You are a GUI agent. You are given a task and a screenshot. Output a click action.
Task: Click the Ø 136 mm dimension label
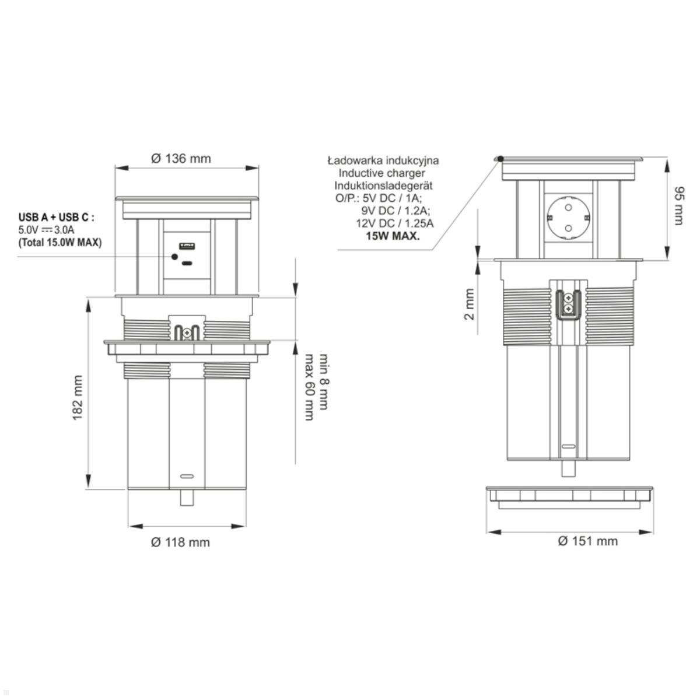tap(181, 159)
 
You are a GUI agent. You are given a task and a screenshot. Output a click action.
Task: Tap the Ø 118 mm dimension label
tap(180, 542)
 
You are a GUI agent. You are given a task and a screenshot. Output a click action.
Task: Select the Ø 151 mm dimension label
tap(588, 541)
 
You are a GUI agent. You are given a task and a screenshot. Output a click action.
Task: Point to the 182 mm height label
tap(78, 398)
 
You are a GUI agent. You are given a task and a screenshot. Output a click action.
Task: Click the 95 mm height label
tap(678, 205)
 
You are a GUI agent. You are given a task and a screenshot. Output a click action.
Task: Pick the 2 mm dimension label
tap(470, 304)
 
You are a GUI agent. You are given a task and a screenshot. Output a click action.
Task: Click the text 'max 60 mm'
tap(309, 387)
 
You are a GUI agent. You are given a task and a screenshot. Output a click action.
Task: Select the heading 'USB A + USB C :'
tap(57, 217)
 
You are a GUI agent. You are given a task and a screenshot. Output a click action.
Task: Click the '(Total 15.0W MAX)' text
tap(60, 242)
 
